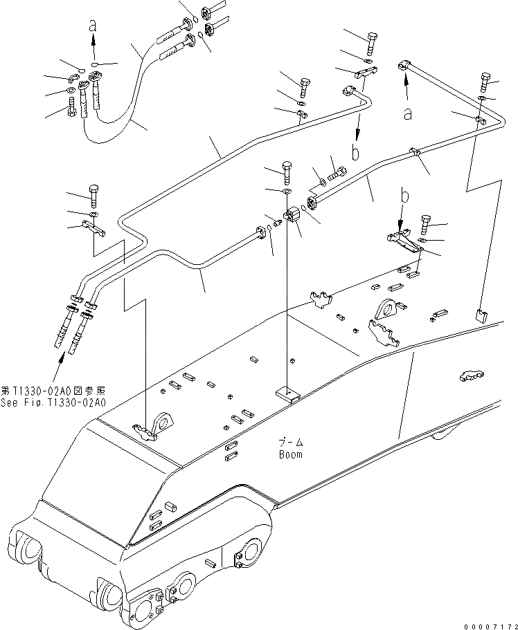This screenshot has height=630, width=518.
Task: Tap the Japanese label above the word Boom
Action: click(291, 442)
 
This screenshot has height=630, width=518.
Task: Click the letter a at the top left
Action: click(93, 25)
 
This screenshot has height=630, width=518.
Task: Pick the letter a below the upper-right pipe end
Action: click(409, 113)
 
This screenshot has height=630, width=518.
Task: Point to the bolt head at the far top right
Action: click(484, 82)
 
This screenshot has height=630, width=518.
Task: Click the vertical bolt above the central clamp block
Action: click(287, 170)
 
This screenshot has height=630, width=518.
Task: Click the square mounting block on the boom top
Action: click(286, 394)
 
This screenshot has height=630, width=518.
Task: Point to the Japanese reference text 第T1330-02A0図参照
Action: click(53, 391)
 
